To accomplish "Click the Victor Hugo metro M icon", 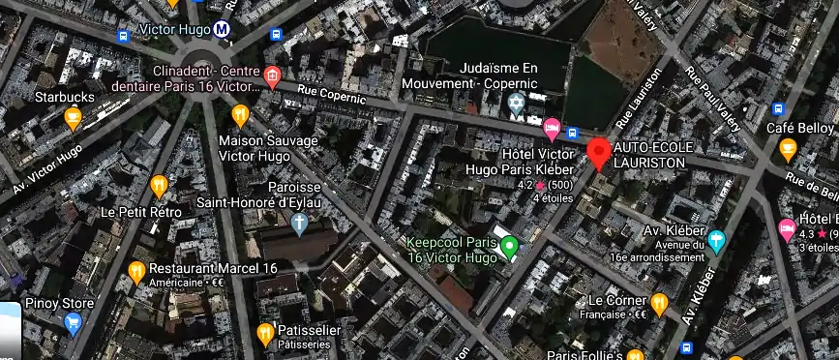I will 223,30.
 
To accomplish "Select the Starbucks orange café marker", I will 73,118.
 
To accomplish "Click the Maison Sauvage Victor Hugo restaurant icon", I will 240,116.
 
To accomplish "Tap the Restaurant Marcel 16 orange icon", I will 136,271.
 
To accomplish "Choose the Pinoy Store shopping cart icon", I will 73,325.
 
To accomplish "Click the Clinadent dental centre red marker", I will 273,77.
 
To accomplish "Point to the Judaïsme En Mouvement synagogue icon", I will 517,103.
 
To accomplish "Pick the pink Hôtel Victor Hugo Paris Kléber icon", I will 552,127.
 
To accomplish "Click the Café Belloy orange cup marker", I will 788,150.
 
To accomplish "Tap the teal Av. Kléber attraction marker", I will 716,241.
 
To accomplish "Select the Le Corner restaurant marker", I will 659,303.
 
